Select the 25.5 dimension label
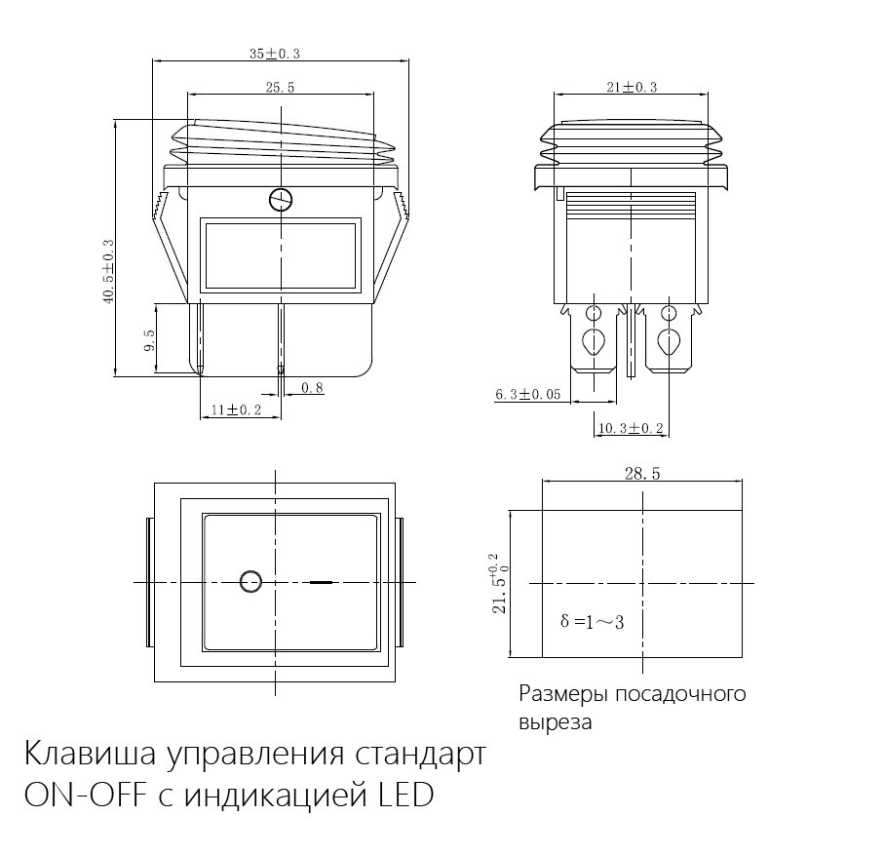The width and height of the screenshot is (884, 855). coord(279,88)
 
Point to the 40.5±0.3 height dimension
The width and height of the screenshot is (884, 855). coord(108,272)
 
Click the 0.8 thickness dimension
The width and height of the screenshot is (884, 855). coord(312,388)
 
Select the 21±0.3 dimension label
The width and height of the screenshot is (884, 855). coord(631,87)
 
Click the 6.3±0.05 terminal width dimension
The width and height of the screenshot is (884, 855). coord(527,395)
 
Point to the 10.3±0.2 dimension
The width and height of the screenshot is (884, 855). coord(630,428)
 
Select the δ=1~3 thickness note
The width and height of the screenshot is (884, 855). coord(594,620)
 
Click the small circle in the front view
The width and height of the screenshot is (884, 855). coord(280,201)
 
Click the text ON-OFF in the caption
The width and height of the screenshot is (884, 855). coord(81,796)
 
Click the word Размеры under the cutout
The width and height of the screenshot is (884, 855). coord(559,694)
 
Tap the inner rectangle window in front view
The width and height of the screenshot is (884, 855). coord(280,256)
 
